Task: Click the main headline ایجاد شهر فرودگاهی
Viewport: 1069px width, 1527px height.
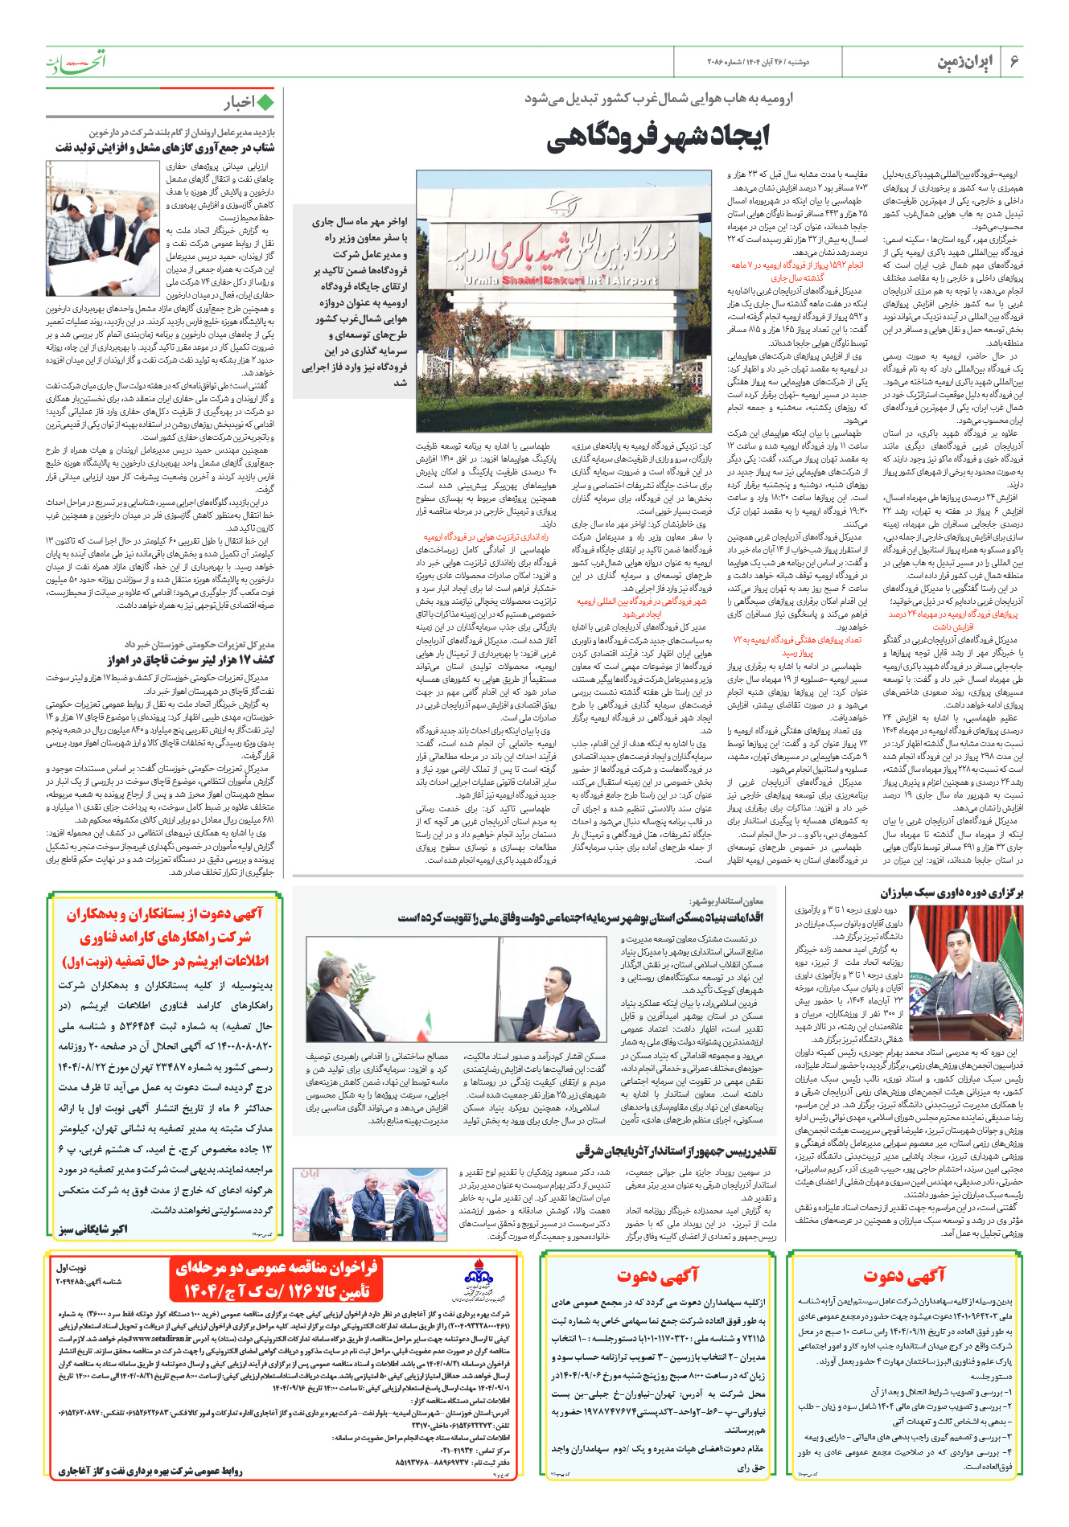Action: point(657,137)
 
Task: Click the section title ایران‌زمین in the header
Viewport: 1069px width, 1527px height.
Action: point(964,62)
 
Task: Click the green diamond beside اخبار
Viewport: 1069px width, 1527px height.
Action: point(265,102)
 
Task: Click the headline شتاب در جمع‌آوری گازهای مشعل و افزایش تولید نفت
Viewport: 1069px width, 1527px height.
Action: point(165,148)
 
